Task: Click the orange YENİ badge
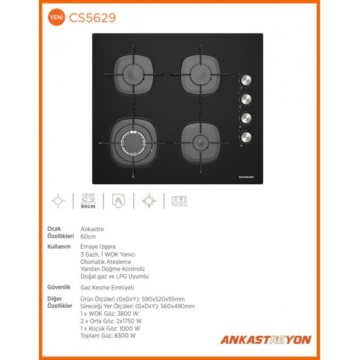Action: [55, 18]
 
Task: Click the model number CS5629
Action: [93, 18]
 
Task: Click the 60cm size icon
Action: [88, 201]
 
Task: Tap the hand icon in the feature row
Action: [117, 201]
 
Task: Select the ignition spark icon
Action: [148, 201]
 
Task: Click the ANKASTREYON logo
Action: [265, 339]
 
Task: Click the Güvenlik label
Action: [60, 286]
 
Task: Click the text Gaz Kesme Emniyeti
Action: [107, 286]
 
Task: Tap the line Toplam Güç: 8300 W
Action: [108, 335]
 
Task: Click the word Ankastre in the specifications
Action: [92, 229]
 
